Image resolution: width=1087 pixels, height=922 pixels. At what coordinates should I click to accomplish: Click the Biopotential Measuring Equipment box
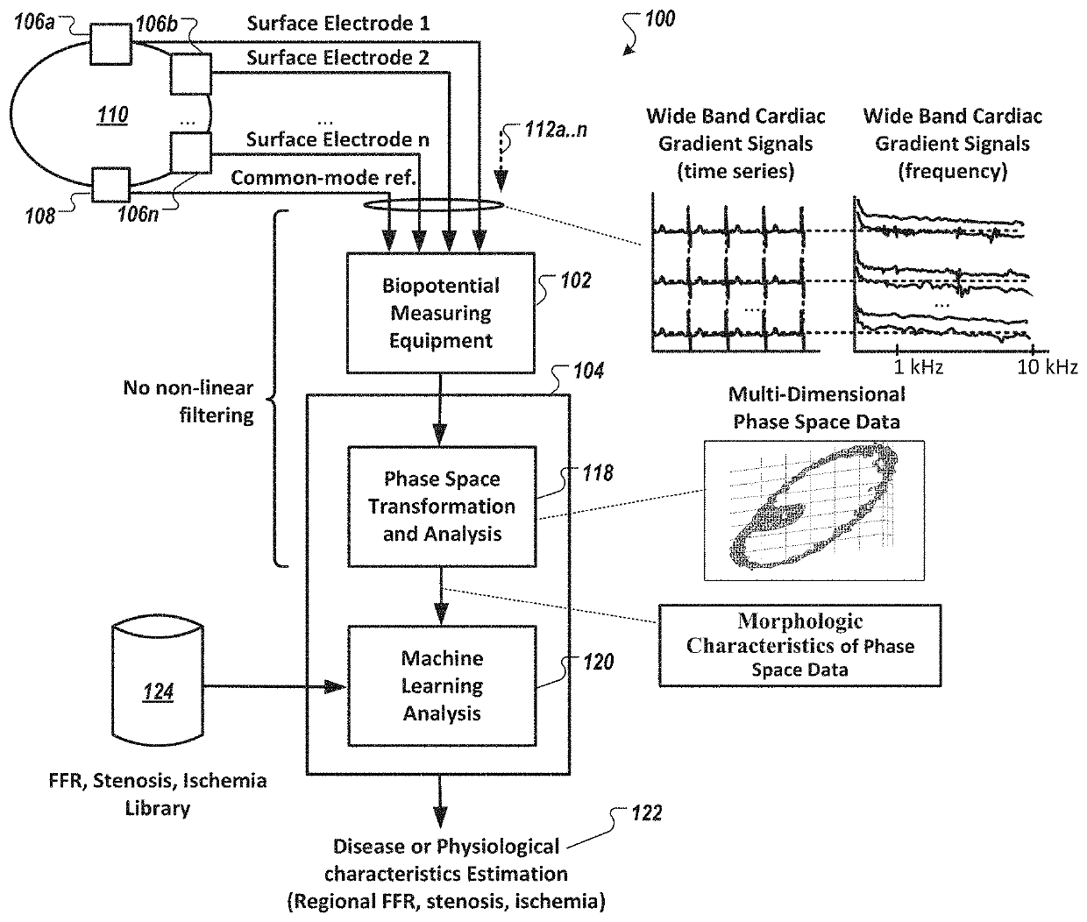pyautogui.click(x=441, y=312)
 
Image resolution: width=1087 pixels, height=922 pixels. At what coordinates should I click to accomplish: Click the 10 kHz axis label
pyautogui.click(x=1048, y=367)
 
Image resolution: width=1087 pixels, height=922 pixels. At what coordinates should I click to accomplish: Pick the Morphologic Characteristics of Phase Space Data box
pyautogui.click(x=799, y=645)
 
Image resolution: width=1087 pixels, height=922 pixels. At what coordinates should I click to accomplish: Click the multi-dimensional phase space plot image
pyautogui.click(x=813, y=510)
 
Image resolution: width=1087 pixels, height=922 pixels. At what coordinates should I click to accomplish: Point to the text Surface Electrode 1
pyautogui.click(x=338, y=23)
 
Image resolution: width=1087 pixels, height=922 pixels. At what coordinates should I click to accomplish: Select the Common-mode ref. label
pyautogui.click(x=323, y=178)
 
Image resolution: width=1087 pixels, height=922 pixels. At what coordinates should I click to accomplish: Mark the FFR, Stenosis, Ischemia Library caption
pyautogui.click(x=158, y=793)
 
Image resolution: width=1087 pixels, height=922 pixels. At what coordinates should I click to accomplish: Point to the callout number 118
pyautogui.click(x=595, y=474)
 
